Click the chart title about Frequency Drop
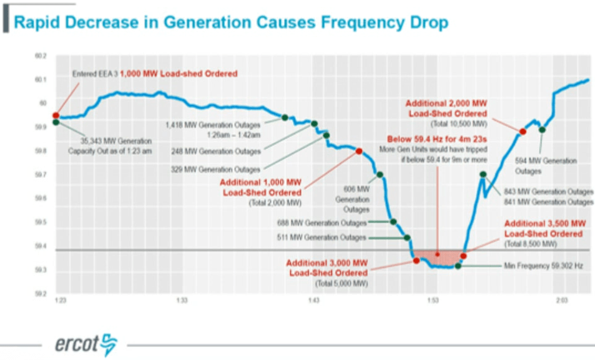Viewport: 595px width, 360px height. pos(230,23)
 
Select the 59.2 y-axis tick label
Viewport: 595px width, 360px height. pos(40,293)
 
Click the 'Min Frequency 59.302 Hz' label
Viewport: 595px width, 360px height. pos(543,266)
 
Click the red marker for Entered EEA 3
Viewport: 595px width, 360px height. pos(56,115)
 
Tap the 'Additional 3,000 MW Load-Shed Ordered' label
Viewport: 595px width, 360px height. pos(327,268)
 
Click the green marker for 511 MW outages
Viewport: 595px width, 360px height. pos(407,238)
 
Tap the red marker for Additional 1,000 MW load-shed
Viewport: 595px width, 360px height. pos(359,151)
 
